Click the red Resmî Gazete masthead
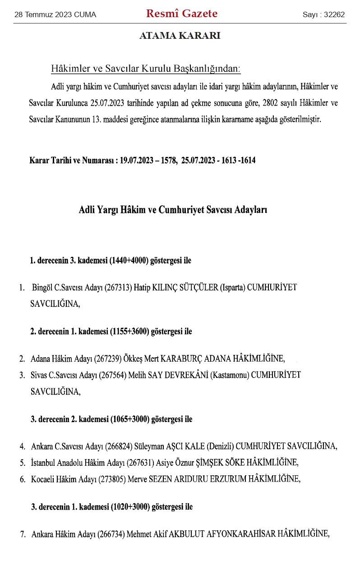click(x=182, y=14)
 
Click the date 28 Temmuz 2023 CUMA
click(x=55, y=15)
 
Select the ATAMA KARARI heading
click(x=180, y=36)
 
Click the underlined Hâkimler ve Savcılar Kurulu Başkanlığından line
click(x=146, y=69)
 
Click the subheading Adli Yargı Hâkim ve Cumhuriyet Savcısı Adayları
click(x=173, y=210)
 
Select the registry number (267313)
click(x=119, y=288)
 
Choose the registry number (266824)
click(x=119, y=447)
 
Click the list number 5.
click(x=22, y=463)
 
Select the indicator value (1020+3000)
click(x=129, y=507)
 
